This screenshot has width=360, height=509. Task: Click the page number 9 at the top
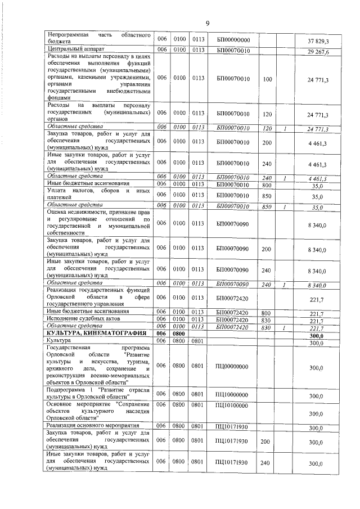(208, 23)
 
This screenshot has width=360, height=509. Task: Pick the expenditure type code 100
(267, 79)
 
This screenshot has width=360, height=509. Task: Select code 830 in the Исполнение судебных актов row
(267, 319)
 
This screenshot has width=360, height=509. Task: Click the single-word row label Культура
(59, 341)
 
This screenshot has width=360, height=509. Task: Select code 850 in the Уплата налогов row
(267, 197)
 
